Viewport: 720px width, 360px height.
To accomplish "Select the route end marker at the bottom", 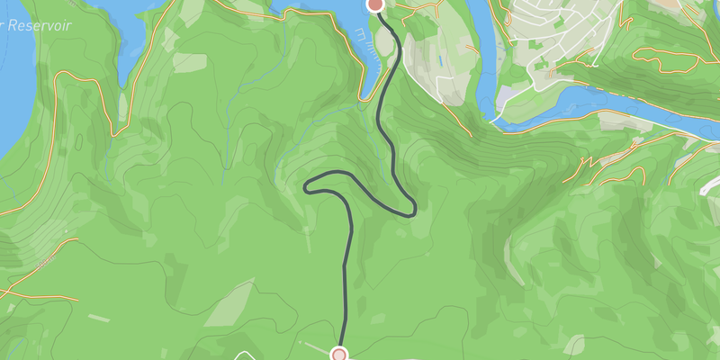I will (x=339, y=355).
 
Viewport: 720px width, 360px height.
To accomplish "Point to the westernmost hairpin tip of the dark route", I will (x=308, y=188).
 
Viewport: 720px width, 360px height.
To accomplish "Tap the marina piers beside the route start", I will (x=363, y=38).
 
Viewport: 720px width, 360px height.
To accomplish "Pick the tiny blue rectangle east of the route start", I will (x=437, y=61).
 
